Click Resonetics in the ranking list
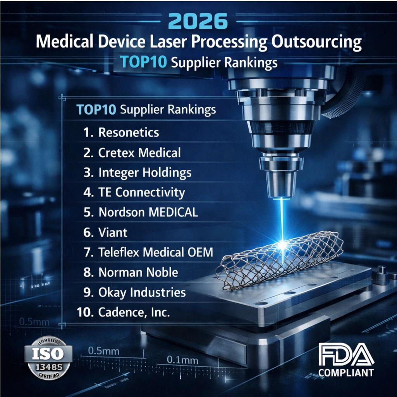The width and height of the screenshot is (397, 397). tap(129, 132)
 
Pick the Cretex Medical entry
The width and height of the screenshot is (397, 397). tap(139, 153)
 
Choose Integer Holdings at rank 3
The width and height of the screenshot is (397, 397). tap(145, 173)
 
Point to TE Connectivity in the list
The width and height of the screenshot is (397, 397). tap(142, 192)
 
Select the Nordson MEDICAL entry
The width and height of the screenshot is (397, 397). tap(148, 212)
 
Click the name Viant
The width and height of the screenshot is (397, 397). tap(113, 232)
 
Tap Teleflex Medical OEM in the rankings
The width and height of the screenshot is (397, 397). tap(156, 253)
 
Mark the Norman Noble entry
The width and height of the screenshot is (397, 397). tap(138, 272)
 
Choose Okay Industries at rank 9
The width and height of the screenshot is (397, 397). tap(142, 292)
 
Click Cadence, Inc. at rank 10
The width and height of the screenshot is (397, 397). tap(134, 313)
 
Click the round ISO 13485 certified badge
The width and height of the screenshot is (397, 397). tap(48, 358)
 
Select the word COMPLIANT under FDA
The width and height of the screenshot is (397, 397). tap(346, 373)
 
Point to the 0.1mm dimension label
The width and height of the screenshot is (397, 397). tap(182, 360)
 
